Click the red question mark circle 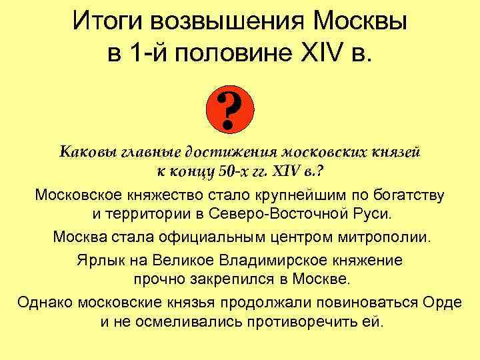(x=229, y=111)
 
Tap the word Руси (x=373, y=215)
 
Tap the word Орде (x=441, y=301)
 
